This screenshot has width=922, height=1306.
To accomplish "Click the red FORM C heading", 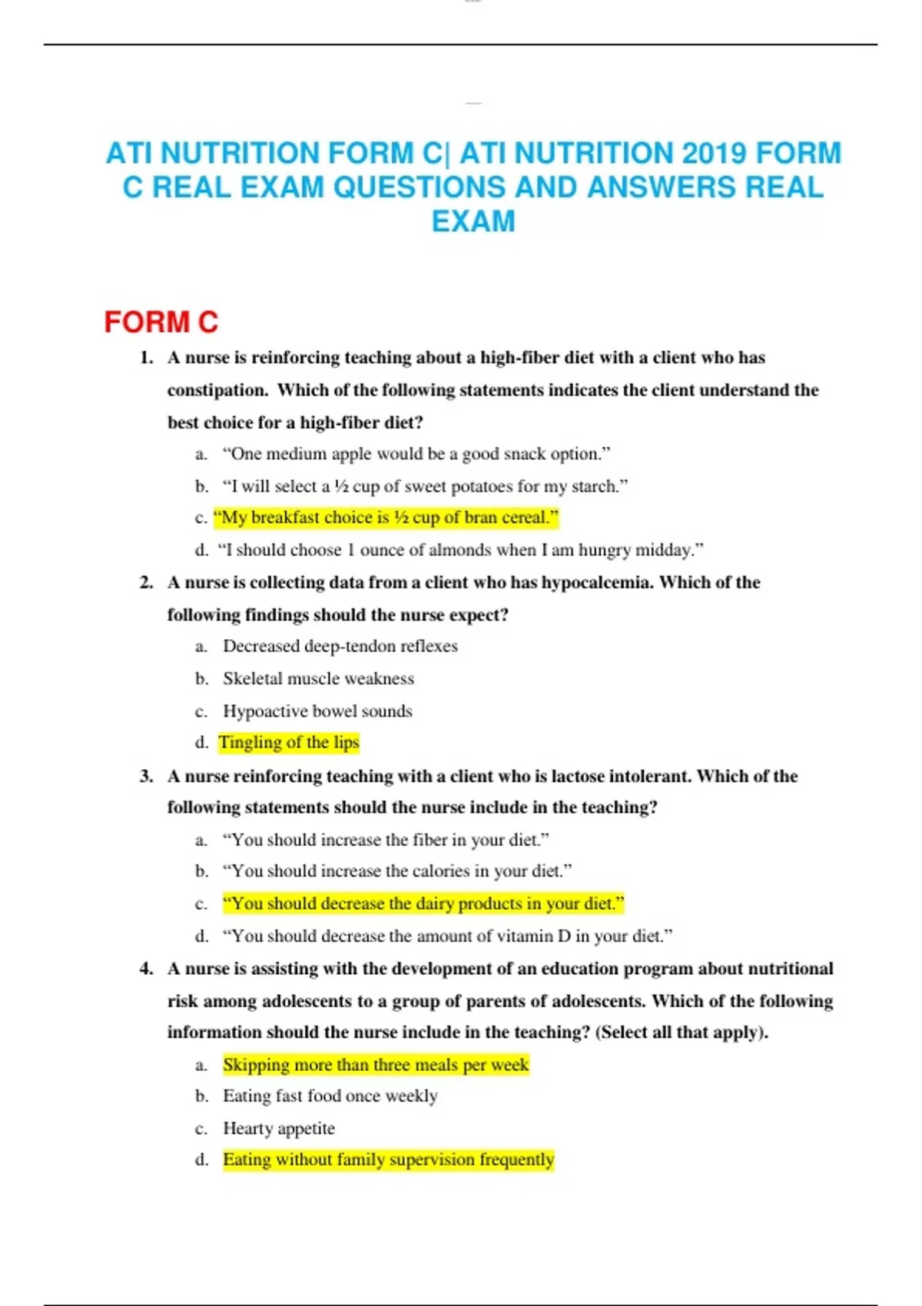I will click(161, 322).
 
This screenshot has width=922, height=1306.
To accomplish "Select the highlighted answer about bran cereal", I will click(386, 518).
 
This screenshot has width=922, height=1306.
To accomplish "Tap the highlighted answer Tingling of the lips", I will click(289, 742).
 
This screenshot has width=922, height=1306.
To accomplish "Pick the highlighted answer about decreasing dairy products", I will click(423, 903).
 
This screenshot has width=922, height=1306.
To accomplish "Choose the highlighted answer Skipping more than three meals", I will click(376, 1065).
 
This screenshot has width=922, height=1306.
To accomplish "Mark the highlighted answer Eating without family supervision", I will click(388, 1159).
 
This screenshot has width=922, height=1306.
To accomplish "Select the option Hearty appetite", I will click(279, 1129).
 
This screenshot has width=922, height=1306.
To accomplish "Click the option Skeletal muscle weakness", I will click(318, 678).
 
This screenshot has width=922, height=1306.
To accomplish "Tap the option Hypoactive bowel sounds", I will click(317, 711).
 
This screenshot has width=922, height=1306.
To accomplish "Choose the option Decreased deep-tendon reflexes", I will click(340, 646).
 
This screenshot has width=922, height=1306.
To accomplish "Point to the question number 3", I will click(146, 776).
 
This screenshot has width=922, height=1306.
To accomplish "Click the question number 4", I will click(146, 969).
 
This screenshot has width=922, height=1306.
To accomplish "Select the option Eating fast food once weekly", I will click(330, 1096).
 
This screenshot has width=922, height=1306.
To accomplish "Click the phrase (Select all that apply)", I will click(682, 1033).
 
